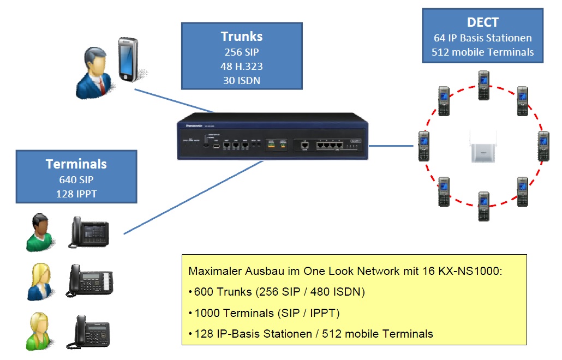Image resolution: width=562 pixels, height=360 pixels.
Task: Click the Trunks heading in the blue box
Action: click(x=241, y=37)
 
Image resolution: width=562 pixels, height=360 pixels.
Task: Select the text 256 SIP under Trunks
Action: click(x=241, y=52)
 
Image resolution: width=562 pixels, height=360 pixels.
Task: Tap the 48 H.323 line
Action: click(x=241, y=66)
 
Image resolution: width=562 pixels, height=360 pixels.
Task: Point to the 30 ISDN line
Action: click(x=241, y=80)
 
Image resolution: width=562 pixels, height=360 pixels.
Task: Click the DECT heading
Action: click(x=482, y=22)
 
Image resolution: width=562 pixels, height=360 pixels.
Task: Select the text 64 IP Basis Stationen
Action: click(x=482, y=38)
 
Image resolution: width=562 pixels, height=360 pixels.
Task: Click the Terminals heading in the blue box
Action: click(x=76, y=164)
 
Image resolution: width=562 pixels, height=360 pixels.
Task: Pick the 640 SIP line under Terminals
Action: click(x=76, y=179)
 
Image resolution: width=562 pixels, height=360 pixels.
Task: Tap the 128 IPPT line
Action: click(x=76, y=194)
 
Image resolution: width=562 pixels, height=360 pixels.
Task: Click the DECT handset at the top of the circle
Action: click(x=483, y=86)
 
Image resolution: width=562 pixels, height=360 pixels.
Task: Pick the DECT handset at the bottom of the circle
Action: click(x=483, y=206)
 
